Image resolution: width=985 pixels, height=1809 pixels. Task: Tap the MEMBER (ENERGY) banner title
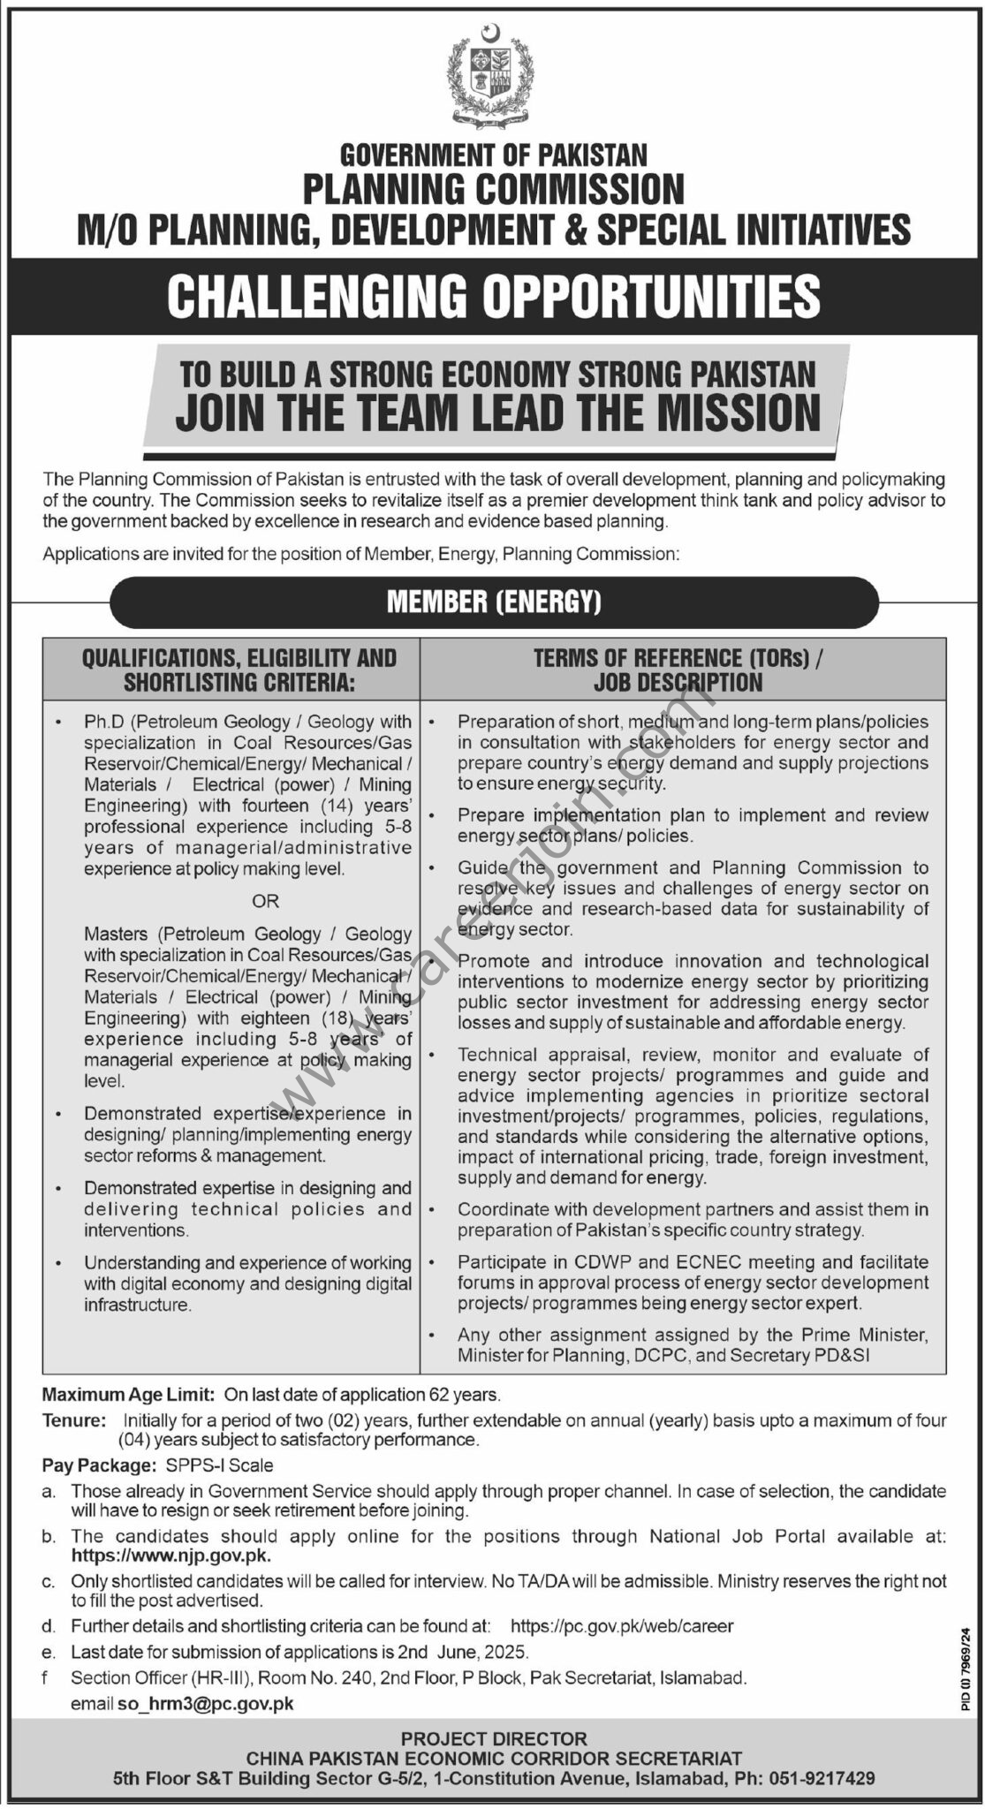[493, 603]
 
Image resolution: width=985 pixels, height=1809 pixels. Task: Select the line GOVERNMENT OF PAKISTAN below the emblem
[493, 155]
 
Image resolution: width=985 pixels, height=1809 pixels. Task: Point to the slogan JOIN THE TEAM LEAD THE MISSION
[497, 412]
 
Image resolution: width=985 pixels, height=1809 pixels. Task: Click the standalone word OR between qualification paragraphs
[264, 902]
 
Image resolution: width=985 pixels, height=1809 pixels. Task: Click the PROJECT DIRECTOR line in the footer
[493, 1737]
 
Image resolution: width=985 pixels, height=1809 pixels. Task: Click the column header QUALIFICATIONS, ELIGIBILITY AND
[239, 658]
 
